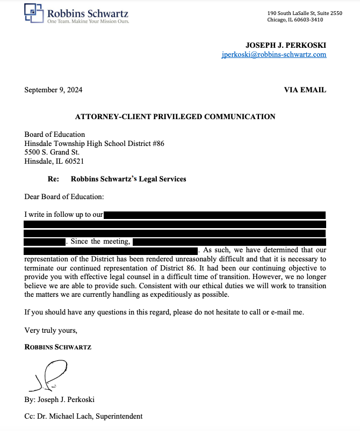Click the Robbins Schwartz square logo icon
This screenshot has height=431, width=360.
[33, 13]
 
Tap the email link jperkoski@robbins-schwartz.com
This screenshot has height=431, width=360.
[273, 55]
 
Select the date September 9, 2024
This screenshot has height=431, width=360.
[53, 90]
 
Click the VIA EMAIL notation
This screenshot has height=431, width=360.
[305, 90]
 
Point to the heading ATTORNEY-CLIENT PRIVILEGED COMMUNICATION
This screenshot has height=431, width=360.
[175, 116]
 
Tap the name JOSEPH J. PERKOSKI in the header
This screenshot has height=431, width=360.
[286, 46]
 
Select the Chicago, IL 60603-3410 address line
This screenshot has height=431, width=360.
[295, 20]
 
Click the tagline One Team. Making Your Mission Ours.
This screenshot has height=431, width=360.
[88, 21]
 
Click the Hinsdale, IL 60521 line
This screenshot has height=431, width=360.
[54, 161]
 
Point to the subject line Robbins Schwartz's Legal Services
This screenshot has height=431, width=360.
[128, 179]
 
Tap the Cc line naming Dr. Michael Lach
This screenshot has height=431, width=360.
[83, 416]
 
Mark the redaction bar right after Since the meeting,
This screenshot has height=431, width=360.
[229, 242]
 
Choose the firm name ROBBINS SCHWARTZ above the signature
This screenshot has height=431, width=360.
[58, 347]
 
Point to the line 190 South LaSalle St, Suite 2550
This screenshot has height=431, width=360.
[304, 13]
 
